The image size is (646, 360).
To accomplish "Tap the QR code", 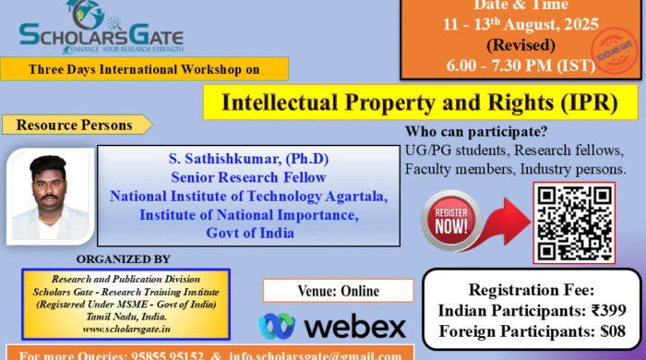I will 574,222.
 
